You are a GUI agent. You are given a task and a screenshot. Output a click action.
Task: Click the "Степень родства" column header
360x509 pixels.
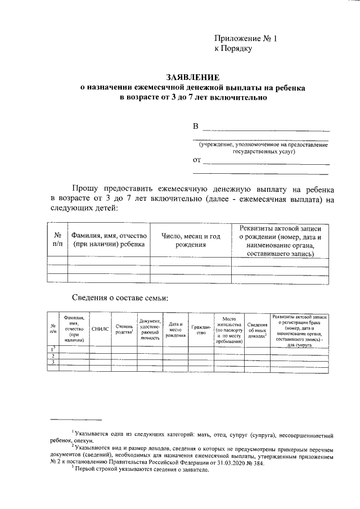(x=124, y=330)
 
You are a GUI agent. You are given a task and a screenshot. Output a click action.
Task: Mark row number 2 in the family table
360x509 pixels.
(x=52, y=356)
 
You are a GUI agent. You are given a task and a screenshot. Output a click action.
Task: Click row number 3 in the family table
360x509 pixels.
(x=52, y=362)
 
